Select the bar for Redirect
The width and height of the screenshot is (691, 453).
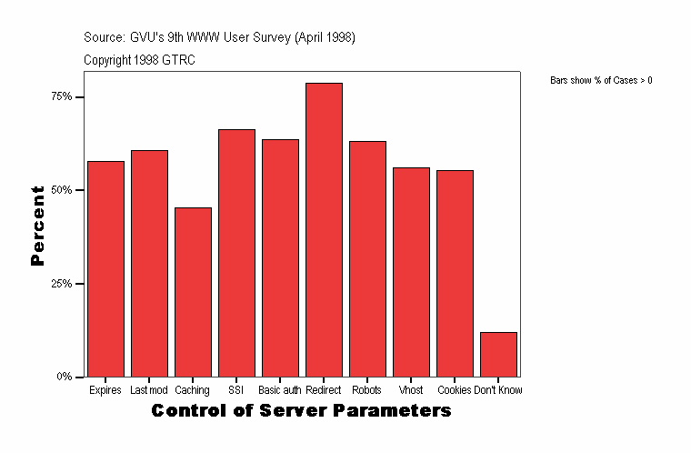pyautogui.click(x=324, y=229)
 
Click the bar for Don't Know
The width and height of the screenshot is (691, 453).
pyautogui.click(x=498, y=354)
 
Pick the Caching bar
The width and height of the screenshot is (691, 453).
pyautogui.click(x=193, y=291)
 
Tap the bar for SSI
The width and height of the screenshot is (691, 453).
pyautogui.click(x=236, y=252)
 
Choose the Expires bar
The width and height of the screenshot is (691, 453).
pyautogui.click(x=105, y=268)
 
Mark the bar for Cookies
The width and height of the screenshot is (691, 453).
pyautogui.click(x=455, y=273)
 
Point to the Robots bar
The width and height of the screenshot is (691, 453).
pyautogui.click(x=367, y=258)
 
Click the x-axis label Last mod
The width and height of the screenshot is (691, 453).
pyautogui.click(x=149, y=390)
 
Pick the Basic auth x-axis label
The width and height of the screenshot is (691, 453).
pyautogui.click(x=279, y=390)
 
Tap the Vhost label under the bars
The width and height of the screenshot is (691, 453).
pyautogui.click(x=411, y=390)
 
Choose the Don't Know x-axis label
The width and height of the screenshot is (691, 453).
pyautogui.click(x=498, y=390)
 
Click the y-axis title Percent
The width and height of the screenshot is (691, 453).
pyautogui.click(x=37, y=226)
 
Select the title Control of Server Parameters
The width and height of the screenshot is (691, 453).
pyautogui.click(x=301, y=411)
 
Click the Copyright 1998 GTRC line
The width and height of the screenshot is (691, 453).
pyautogui.click(x=139, y=60)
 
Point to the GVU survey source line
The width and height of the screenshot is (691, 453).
pyautogui.click(x=218, y=38)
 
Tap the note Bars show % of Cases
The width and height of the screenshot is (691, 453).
pyautogui.click(x=601, y=81)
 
